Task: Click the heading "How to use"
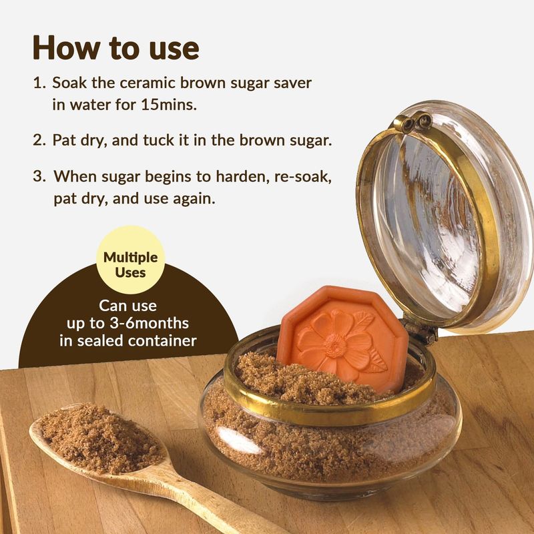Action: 115,47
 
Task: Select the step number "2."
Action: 39,140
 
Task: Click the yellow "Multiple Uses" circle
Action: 130,260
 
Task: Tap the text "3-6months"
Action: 149,323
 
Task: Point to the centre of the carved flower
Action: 336,346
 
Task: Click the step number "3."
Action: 39,176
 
